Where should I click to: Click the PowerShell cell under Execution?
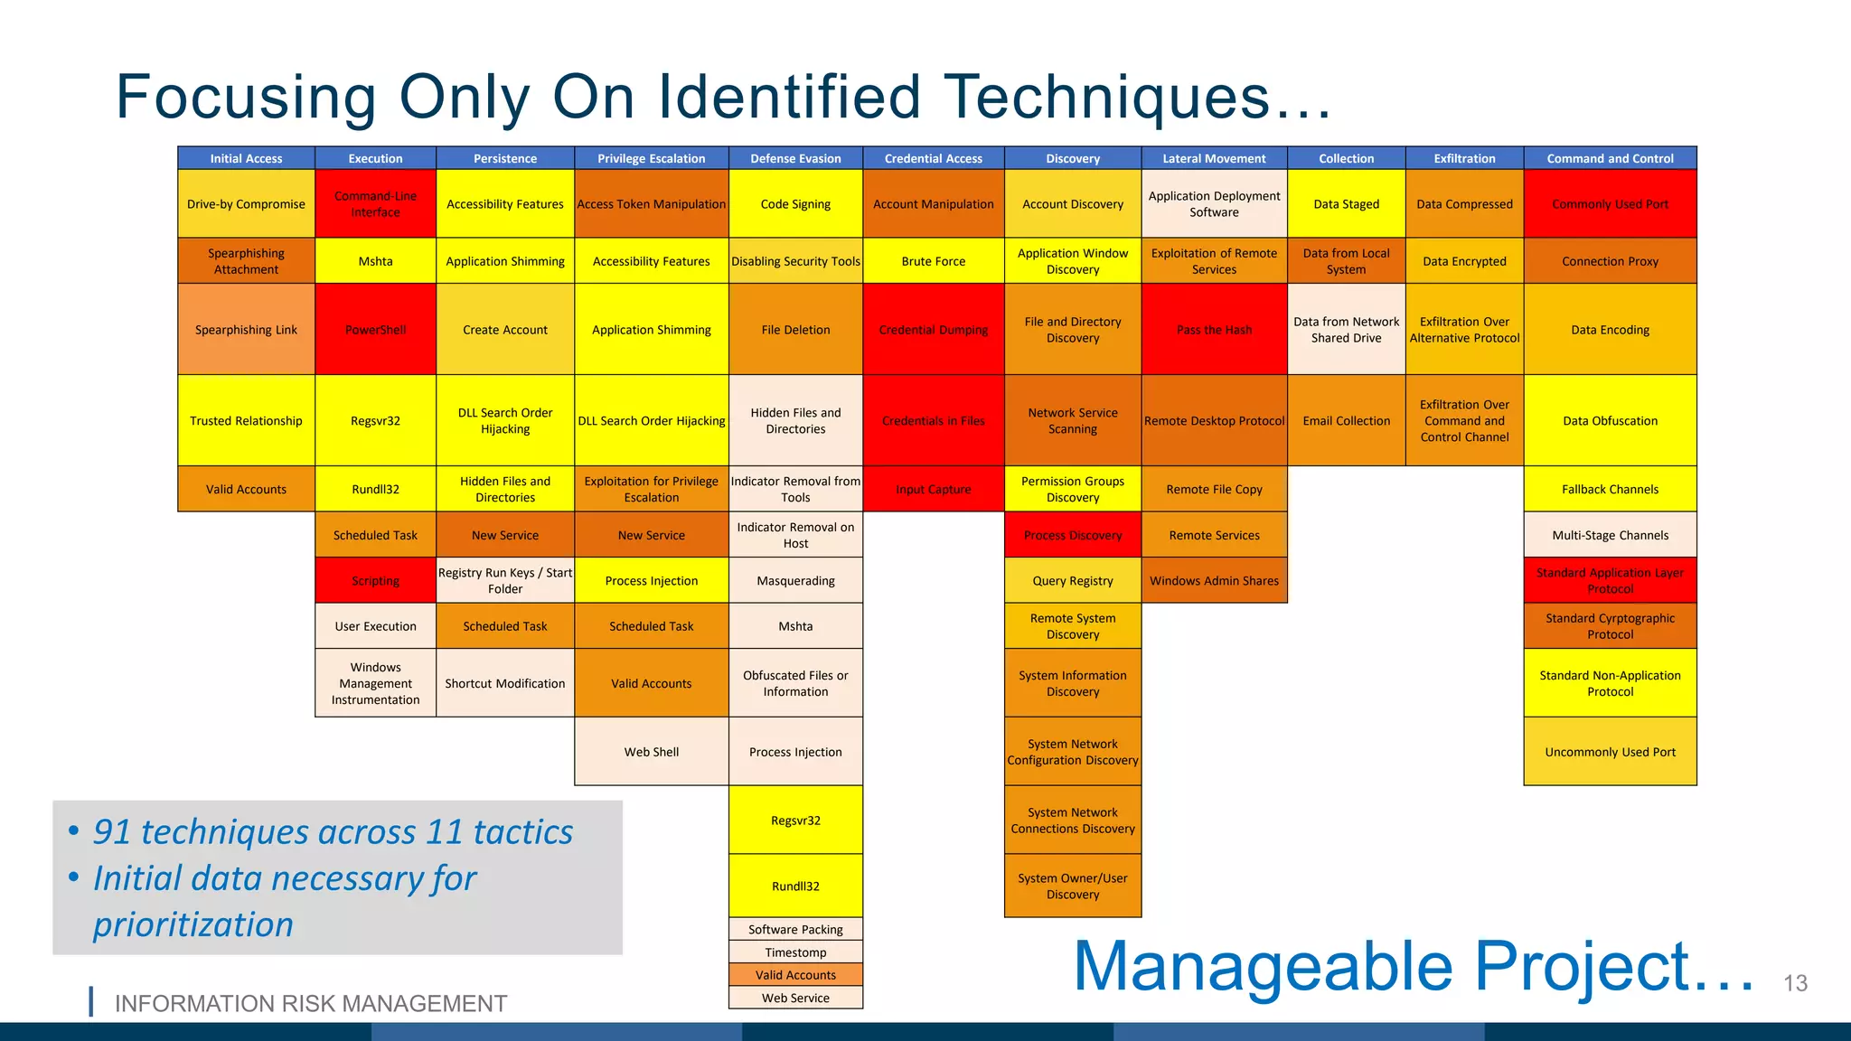(x=375, y=330)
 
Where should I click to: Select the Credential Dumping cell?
(x=933, y=330)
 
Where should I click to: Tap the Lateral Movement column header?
(x=1214, y=158)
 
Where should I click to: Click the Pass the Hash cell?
(x=1214, y=330)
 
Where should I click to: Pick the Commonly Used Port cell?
(x=1610, y=204)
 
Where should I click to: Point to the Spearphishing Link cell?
(x=246, y=330)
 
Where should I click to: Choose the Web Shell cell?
(x=651, y=752)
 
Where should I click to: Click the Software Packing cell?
(x=795, y=929)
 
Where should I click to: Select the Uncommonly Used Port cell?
(x=1610, y=752)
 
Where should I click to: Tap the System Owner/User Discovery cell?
(x=1072, y=886)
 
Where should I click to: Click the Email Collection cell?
(x=1346, y=421)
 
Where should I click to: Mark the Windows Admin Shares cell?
(x=1214, y=581)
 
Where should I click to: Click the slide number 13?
(x=1795, y=983)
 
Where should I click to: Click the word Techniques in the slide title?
(x=1107, y=97)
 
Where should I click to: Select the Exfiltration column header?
(x=1464, y=158)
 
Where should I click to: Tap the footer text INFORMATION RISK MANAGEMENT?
(x=310, y=1004)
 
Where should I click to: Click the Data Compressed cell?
(x=1464, y=204)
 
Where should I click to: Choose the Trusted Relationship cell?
(x=246, y=421)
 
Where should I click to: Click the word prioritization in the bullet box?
(x=193, y=924)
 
